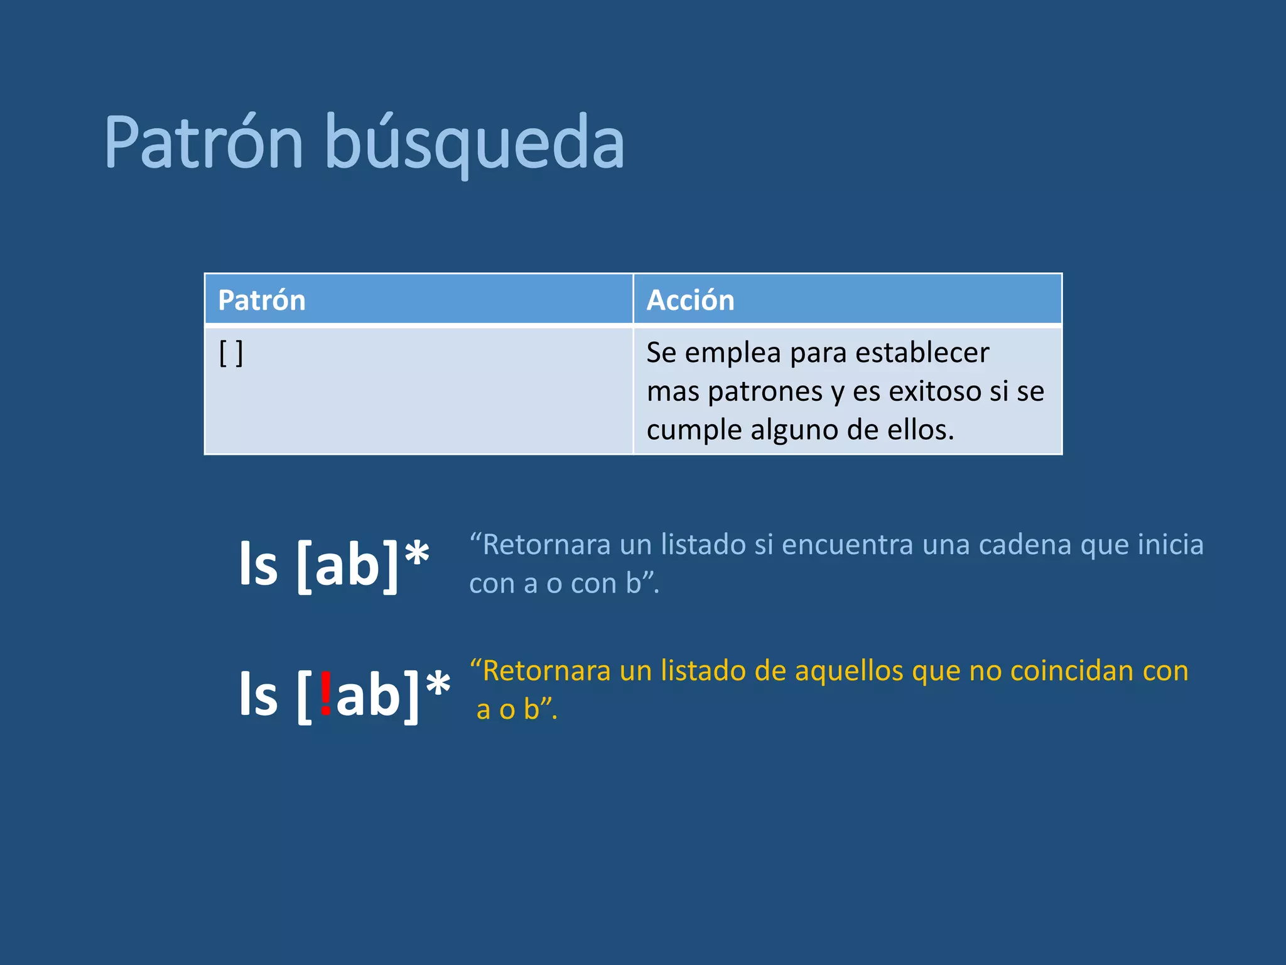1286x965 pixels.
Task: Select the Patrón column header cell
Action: tap(418, 300)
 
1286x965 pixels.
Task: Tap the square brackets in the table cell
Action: tap(231, 353)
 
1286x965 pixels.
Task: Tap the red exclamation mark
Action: tap(325, 693)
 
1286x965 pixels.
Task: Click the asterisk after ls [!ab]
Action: tap(438, 685)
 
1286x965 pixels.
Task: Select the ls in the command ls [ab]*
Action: tap(258, 564)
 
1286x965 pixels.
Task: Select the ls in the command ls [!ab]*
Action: tap(258, 694)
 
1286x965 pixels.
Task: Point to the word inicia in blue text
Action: tap(1170, 545)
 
